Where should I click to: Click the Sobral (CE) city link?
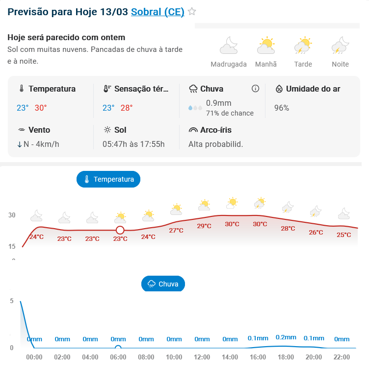click(158, 12)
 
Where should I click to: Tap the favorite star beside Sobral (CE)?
click(192, 12)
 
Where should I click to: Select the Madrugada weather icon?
click(229, 46)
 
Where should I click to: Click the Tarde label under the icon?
click(303, 64)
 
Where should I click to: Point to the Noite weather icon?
click(340, 46)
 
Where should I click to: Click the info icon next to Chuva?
click(255, 89)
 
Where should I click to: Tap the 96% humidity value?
click(282, 108)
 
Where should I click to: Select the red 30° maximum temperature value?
click(41, 108)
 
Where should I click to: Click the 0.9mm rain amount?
click(219, 103)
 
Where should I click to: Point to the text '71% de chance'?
click(230, 113)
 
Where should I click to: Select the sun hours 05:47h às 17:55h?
click(133, 144)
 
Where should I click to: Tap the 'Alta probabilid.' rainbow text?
click(216, 144)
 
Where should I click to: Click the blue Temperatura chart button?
click(108, 179)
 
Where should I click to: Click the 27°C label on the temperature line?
click(176, 230)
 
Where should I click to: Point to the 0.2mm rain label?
click(286, 337)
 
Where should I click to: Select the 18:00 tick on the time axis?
click(286, 357)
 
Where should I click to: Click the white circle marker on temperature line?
click(120, 230)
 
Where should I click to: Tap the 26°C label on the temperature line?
click(316, 232)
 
